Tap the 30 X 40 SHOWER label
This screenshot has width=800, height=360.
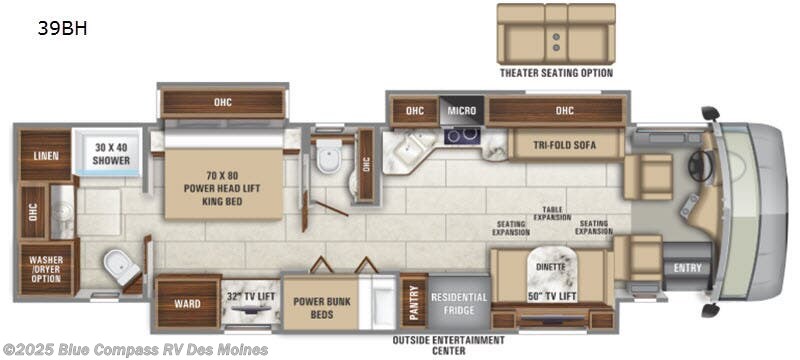(112, 150)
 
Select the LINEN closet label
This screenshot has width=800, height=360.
(44, 156)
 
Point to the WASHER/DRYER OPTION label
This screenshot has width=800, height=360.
(45, 267)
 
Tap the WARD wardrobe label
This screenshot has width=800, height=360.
(187, 303)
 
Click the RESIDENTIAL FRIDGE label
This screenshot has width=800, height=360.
(458, 304)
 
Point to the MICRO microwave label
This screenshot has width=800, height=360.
(461, 110)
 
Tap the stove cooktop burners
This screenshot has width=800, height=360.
(460, 135)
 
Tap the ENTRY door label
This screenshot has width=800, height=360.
(688, 267)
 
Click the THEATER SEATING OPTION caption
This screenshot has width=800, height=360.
(556, 73)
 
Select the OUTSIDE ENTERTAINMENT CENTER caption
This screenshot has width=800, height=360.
(448, 345)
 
